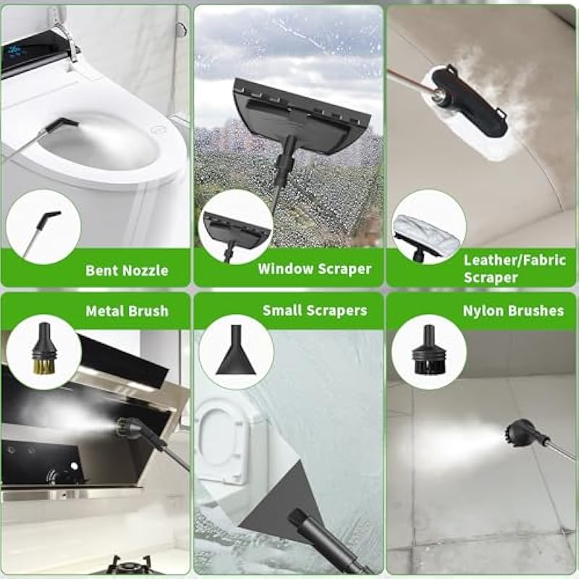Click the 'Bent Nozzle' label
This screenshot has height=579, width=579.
click(x=127, y=270)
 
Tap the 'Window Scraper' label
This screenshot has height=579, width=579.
click(x=315, y=269)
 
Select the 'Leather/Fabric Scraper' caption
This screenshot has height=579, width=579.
click(x=515, y=269)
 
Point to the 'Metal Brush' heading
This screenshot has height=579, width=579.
click(x=127, y=311)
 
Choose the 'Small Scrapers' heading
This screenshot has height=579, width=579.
click(x=315, y=310)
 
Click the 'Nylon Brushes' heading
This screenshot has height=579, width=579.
click(x=513, y=310)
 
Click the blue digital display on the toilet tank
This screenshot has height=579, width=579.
click(x=15, y=51)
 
